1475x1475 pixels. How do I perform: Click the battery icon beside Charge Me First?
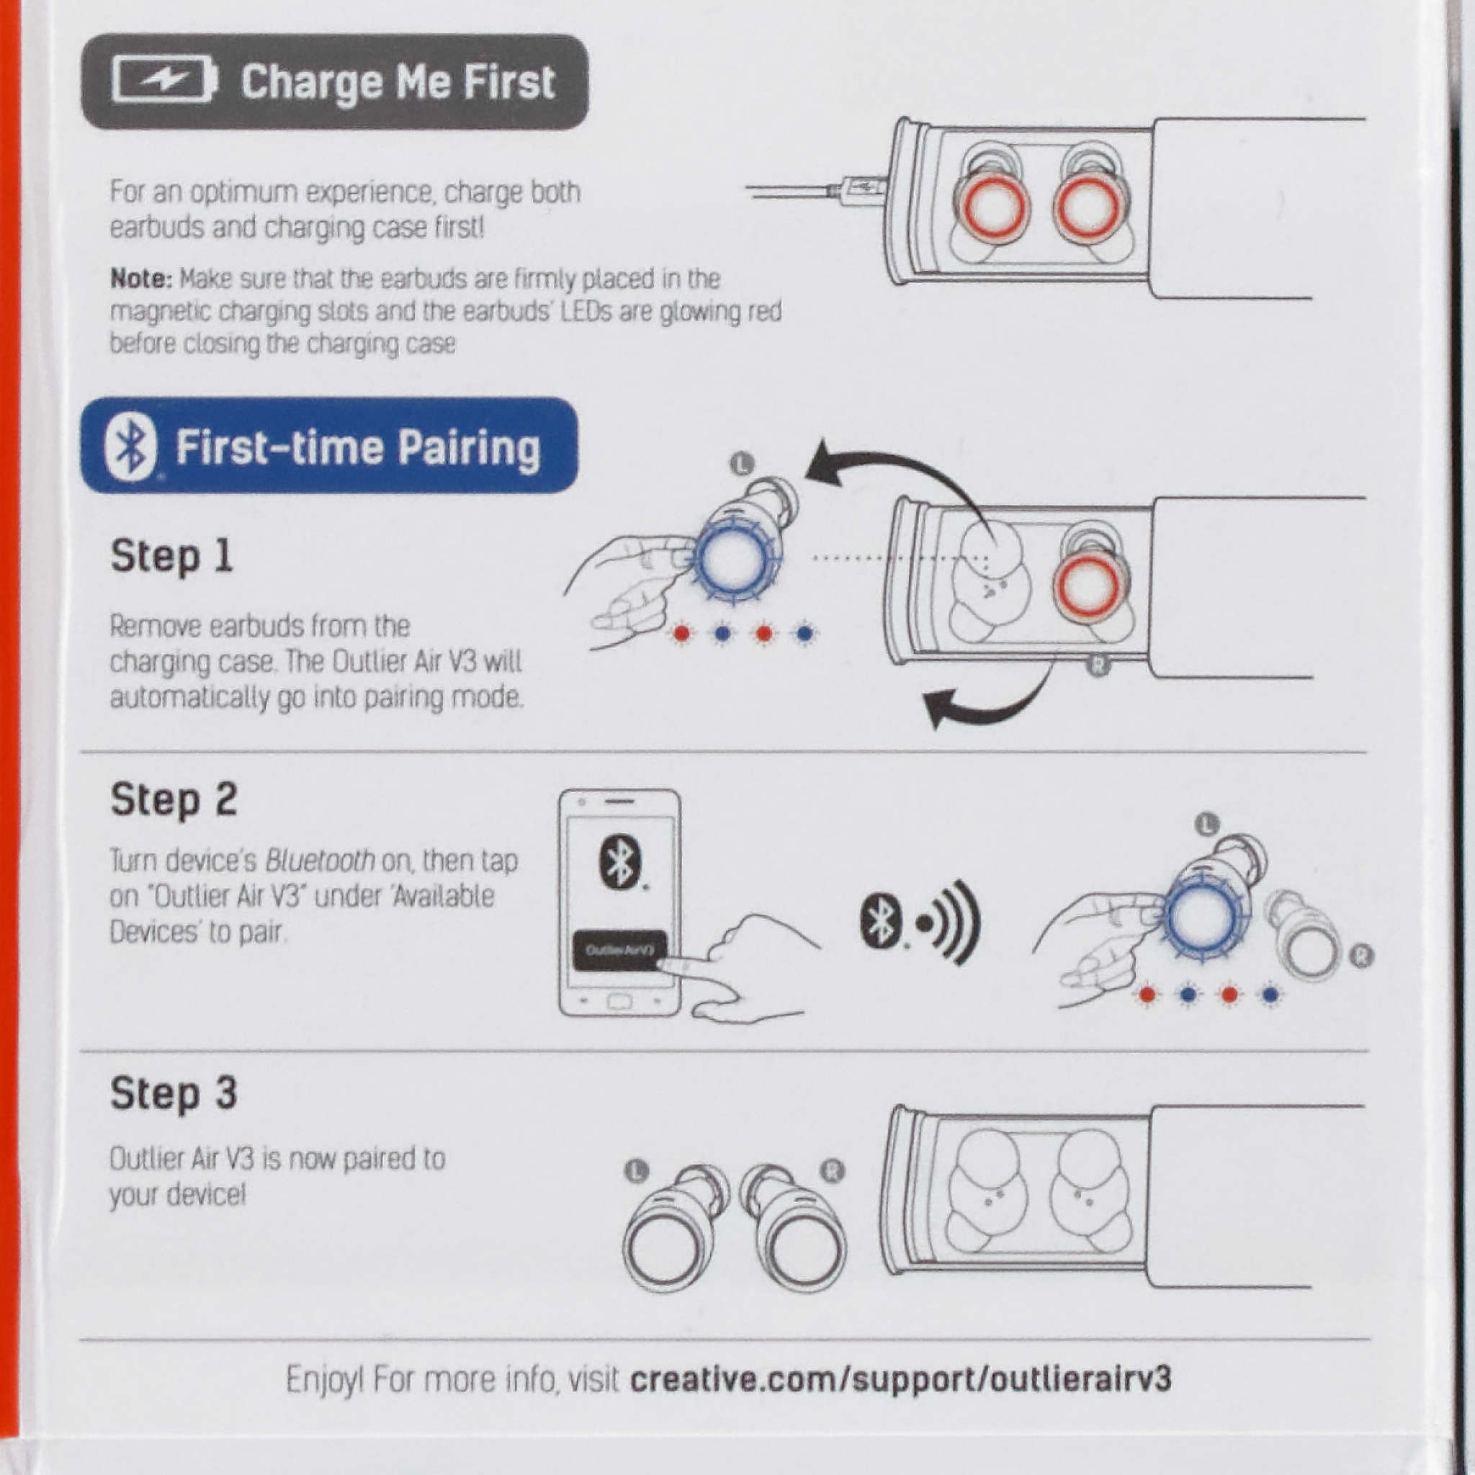tap(164, 79)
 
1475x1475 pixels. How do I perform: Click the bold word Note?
tap(142, 279)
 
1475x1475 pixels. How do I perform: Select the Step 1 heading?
tap(172, 556)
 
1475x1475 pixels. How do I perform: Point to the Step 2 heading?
tap(174, 800)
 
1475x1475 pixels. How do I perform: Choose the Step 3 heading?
tap(174, 1093)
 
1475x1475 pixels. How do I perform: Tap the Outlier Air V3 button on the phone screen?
tap(620, 951)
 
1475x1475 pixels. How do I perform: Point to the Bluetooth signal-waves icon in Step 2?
tap(920, 923)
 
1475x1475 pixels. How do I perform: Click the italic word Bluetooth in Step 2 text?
tap(320, 861)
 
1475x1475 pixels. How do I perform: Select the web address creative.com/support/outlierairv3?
tap(901, 1378)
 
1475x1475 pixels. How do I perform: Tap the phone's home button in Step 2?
tap(619, 1001)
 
